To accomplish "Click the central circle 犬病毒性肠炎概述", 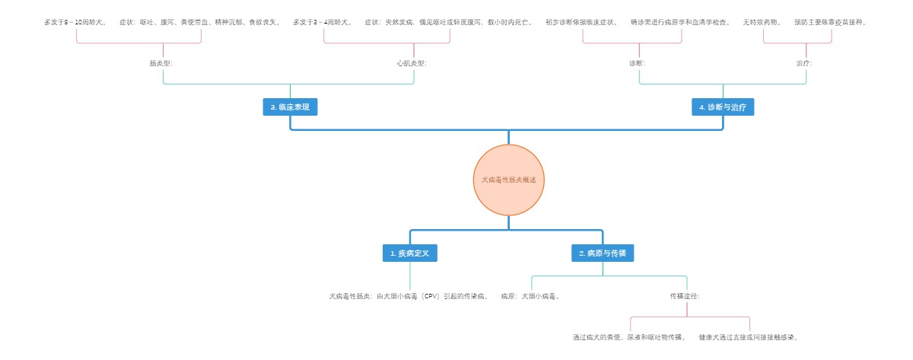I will pos(509,180).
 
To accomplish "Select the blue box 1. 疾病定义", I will pos(409,253).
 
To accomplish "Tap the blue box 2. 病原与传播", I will pos(603,253).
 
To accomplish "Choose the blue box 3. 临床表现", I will pos(290,107).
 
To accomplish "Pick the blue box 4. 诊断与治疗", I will pos(723,107).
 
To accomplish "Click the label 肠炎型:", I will pos(161,63).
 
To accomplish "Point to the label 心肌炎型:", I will pos(412,63).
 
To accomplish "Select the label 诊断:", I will pos(638,63).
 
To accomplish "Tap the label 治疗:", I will pos(804,63).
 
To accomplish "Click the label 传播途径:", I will pos(685,295).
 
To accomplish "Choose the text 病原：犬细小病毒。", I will pos(531,295).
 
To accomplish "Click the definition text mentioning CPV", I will pos(409,295).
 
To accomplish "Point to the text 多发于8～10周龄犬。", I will pos(75,22).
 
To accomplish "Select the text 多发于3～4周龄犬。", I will pos(323,22).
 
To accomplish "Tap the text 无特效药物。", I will pos(762,22).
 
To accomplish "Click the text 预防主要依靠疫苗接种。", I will pos(830,22).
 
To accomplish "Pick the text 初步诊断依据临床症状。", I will pos(582,22).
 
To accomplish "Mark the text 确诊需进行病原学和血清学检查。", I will pos(680,22).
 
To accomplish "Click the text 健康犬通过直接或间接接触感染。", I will pos(749,336).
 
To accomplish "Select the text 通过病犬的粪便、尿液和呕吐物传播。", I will pos(629,336).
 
